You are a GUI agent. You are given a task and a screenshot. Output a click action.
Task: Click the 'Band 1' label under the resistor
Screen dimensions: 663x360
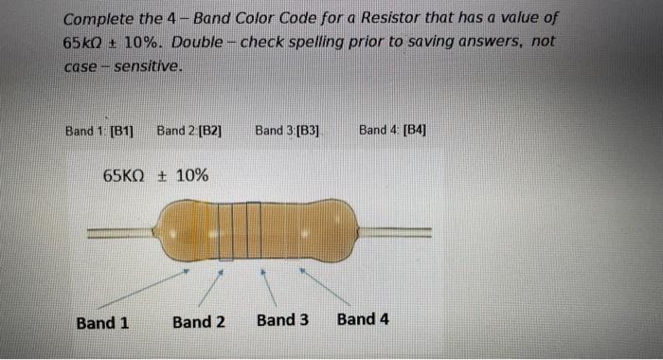pyautogui.click(x=102, y=322)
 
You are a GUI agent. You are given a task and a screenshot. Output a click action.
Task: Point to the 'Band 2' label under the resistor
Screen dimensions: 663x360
pyautogui.click(x=199, y=322)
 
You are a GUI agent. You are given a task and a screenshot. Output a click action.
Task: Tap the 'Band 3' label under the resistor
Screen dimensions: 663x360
pyautogui.click(x=282, y=319)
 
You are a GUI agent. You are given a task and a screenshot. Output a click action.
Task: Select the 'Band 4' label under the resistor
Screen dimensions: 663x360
pyautogui.click(x=363, y=318)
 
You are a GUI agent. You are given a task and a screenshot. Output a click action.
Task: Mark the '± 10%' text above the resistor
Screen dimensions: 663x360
pyautogui.click(x=186, y=175)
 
